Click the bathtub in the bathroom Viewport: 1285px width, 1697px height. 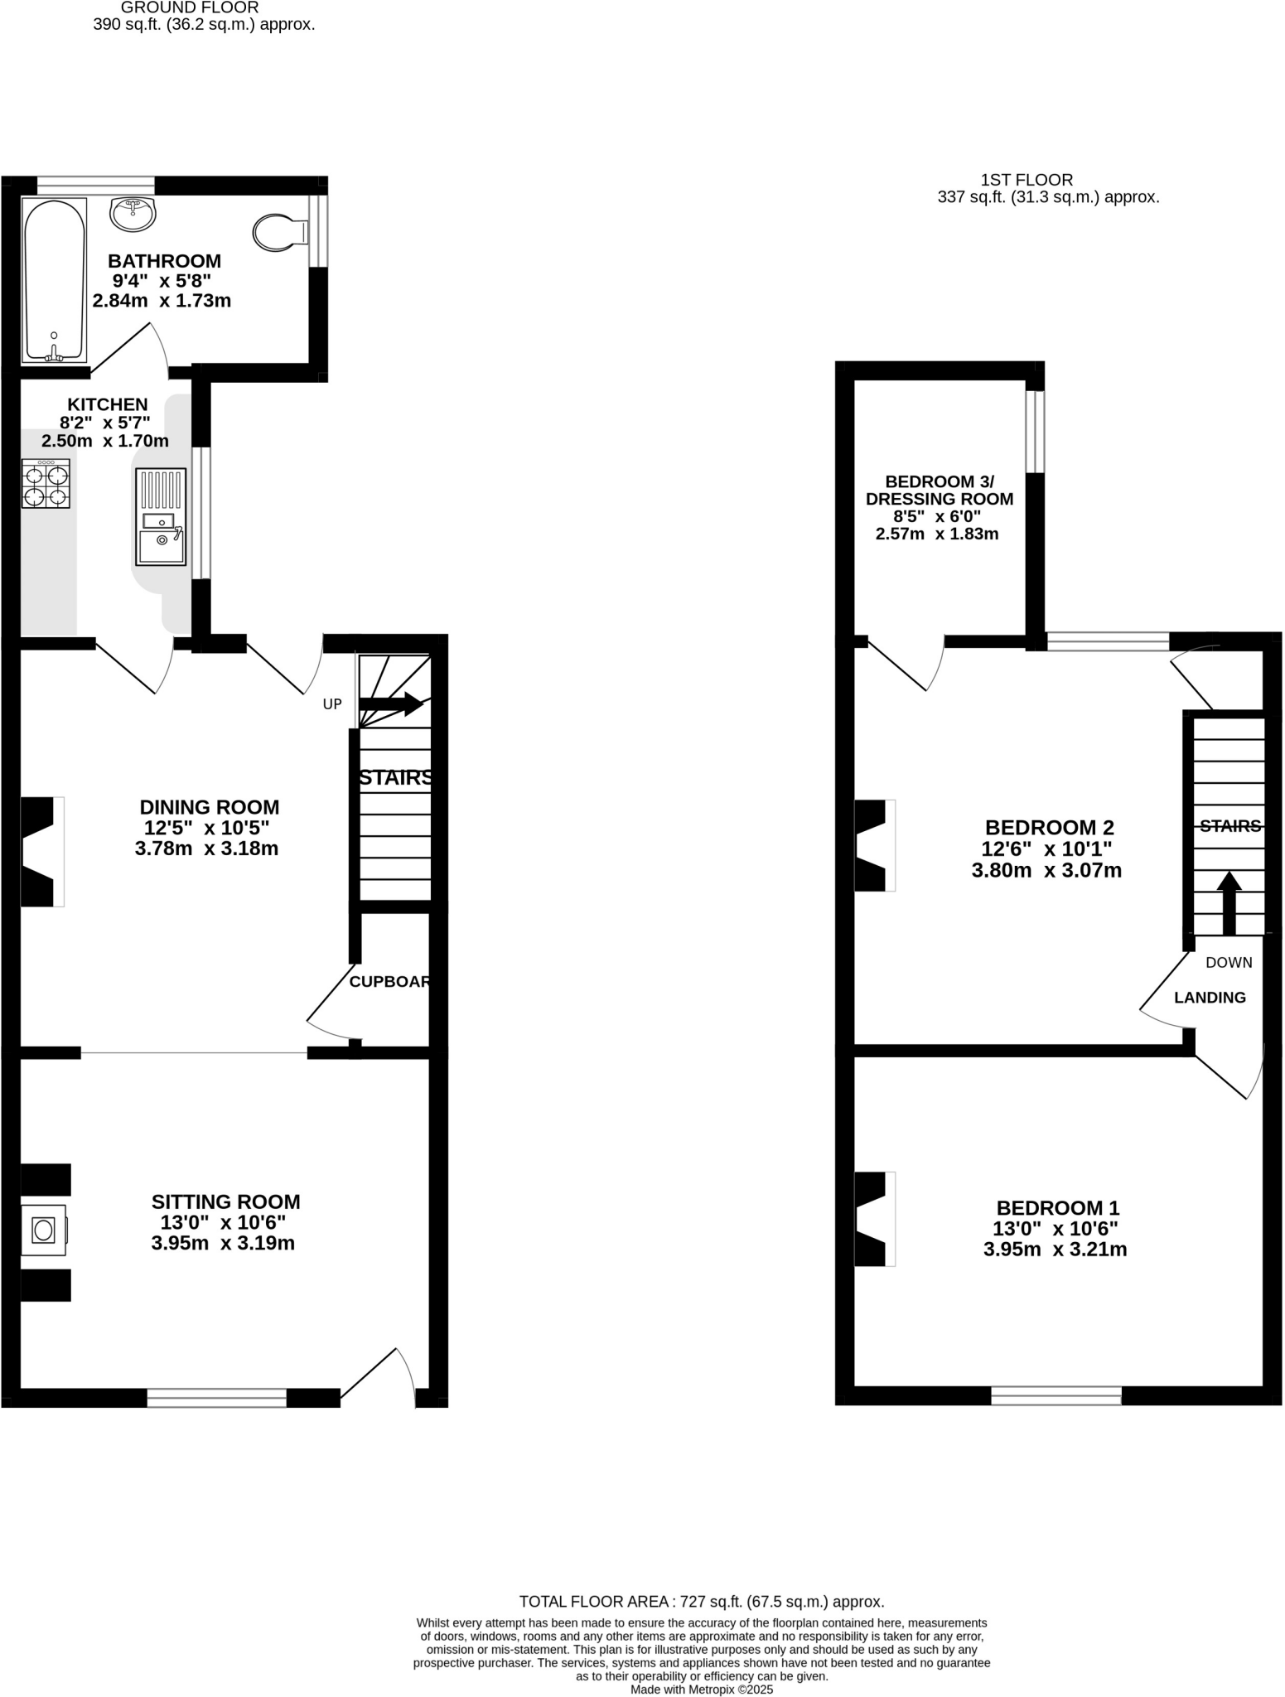tap(55, 280)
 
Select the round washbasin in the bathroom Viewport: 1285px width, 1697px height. tap(133, 214)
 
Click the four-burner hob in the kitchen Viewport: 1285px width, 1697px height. tap(46, 483)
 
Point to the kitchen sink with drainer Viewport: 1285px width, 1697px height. tap(161, 516)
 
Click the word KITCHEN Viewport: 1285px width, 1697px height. tap(108, 404)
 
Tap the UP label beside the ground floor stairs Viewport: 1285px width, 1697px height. tap(331, 704)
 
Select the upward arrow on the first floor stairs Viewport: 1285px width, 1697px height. tap(1229, 903)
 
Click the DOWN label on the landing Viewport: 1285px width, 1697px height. tap(1229, 963)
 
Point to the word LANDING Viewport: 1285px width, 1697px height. tap(1210, 998)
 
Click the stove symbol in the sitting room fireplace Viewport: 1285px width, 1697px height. tap(43, 1230)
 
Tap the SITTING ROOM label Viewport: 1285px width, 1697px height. tap(225, 1201)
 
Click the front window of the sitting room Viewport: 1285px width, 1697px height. tap(217, 1398)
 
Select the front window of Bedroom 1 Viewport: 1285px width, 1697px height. tap(1056, 1396)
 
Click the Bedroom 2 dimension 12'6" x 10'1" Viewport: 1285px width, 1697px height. tap(1046, 849)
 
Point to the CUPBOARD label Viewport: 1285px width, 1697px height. tap(389, 982)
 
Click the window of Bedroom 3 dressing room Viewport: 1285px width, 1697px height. tap(1035, 432)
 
